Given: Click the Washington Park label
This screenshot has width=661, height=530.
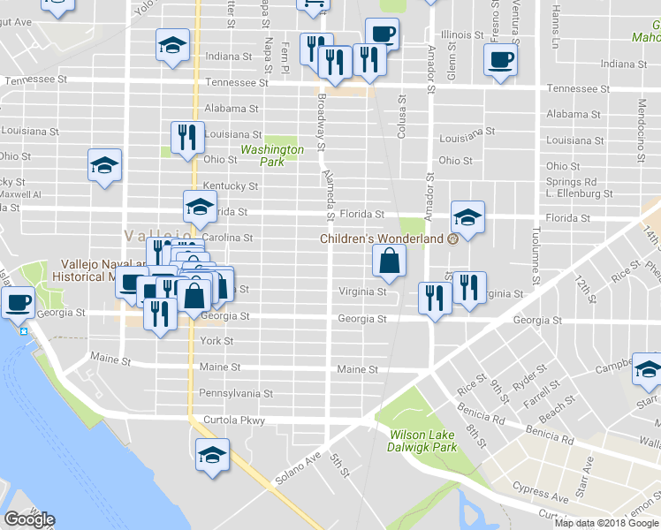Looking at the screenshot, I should pos(272,155).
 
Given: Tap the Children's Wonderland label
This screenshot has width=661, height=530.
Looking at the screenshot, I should pos(381,238).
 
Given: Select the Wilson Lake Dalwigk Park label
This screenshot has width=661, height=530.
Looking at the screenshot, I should pos(423,441).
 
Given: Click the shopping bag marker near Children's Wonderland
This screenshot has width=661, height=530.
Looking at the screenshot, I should pos(390,261).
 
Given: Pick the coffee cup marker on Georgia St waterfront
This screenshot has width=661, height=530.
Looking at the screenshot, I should pos(19,304).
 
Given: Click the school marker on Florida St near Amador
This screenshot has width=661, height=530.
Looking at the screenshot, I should pos(467,217).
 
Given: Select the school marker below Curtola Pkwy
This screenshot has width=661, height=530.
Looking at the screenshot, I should pos(212,456).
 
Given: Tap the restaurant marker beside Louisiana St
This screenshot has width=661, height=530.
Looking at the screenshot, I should pos(187,137).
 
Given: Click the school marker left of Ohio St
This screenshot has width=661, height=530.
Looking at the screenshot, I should pos(105,165).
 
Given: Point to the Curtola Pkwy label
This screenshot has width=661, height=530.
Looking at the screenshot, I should pos(234,420).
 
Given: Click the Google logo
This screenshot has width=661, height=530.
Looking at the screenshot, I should pos(29,519).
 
